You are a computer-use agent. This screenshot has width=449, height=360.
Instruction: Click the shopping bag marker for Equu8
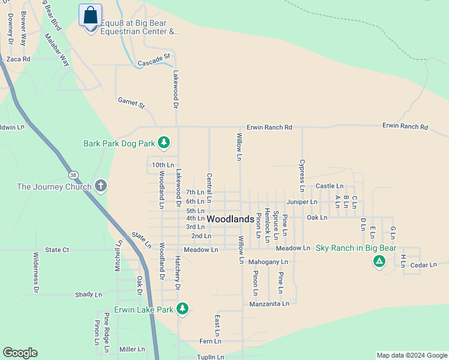coord(91,16)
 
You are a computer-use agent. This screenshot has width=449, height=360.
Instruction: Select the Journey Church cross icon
coord(100,186)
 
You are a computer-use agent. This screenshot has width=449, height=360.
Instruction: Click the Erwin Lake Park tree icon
coord(182,309)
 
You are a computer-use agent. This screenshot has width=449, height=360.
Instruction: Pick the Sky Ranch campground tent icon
coord(379,261)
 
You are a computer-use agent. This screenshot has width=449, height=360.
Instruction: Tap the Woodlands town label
coord(231,220)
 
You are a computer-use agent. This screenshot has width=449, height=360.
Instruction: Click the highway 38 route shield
coord(73,175)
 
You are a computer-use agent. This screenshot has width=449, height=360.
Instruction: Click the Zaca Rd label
coord(19,59)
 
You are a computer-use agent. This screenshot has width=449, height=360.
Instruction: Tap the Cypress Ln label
coord(302,172)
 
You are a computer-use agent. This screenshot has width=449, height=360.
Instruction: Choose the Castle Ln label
coord(330,187)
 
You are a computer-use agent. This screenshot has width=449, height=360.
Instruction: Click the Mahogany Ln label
coord(268,262)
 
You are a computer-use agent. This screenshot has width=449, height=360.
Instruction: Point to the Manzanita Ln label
coord(270,304)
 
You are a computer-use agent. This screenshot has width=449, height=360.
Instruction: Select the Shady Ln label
coord(89,295)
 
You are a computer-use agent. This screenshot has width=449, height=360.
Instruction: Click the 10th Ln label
coord(163,165)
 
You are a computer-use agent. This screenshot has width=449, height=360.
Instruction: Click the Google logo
coord(20,353)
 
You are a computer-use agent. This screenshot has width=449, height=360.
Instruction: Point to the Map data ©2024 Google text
coord(411,355)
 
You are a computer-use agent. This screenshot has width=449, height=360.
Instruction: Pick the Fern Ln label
coord(210,341)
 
